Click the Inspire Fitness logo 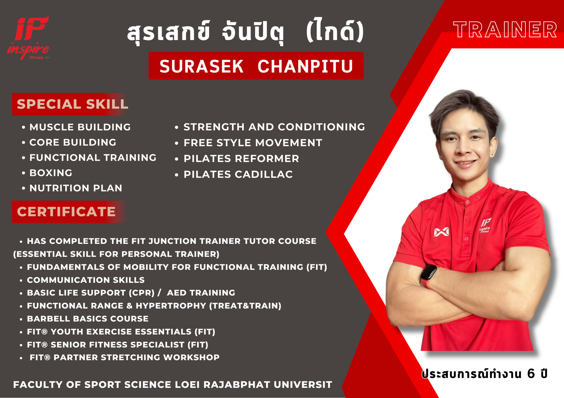click(28, 38)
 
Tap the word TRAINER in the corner click(505, 30)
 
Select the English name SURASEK click(201, 66)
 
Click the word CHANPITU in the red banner click(305, 66)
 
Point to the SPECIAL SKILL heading click(72, 104)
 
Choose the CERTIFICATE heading click(66, 212)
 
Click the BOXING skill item click(51, 173)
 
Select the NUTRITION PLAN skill click(76, 188)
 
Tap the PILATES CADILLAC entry click(238, 174)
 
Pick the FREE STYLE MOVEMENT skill click(253, 143)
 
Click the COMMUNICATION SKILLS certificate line click(86, 280)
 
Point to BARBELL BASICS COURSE click(88, 319)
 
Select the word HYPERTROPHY click(171, 306)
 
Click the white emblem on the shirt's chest click(441, 232)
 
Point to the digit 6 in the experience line click(531, 374)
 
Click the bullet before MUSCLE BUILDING click(24, 127)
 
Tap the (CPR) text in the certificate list click(142, 293)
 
